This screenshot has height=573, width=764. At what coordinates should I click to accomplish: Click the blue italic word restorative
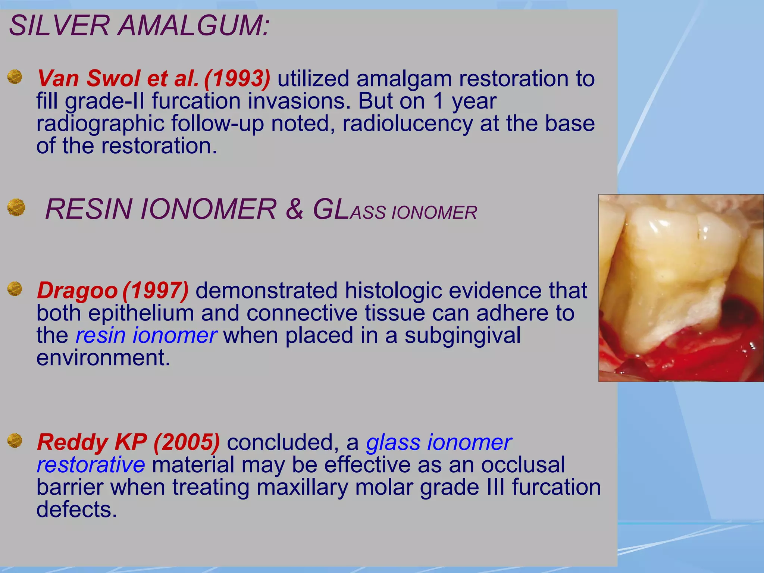(91, 465)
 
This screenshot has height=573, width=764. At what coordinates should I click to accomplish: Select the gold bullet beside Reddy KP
(15, 440)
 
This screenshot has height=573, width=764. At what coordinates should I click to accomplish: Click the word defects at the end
(76, 510)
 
